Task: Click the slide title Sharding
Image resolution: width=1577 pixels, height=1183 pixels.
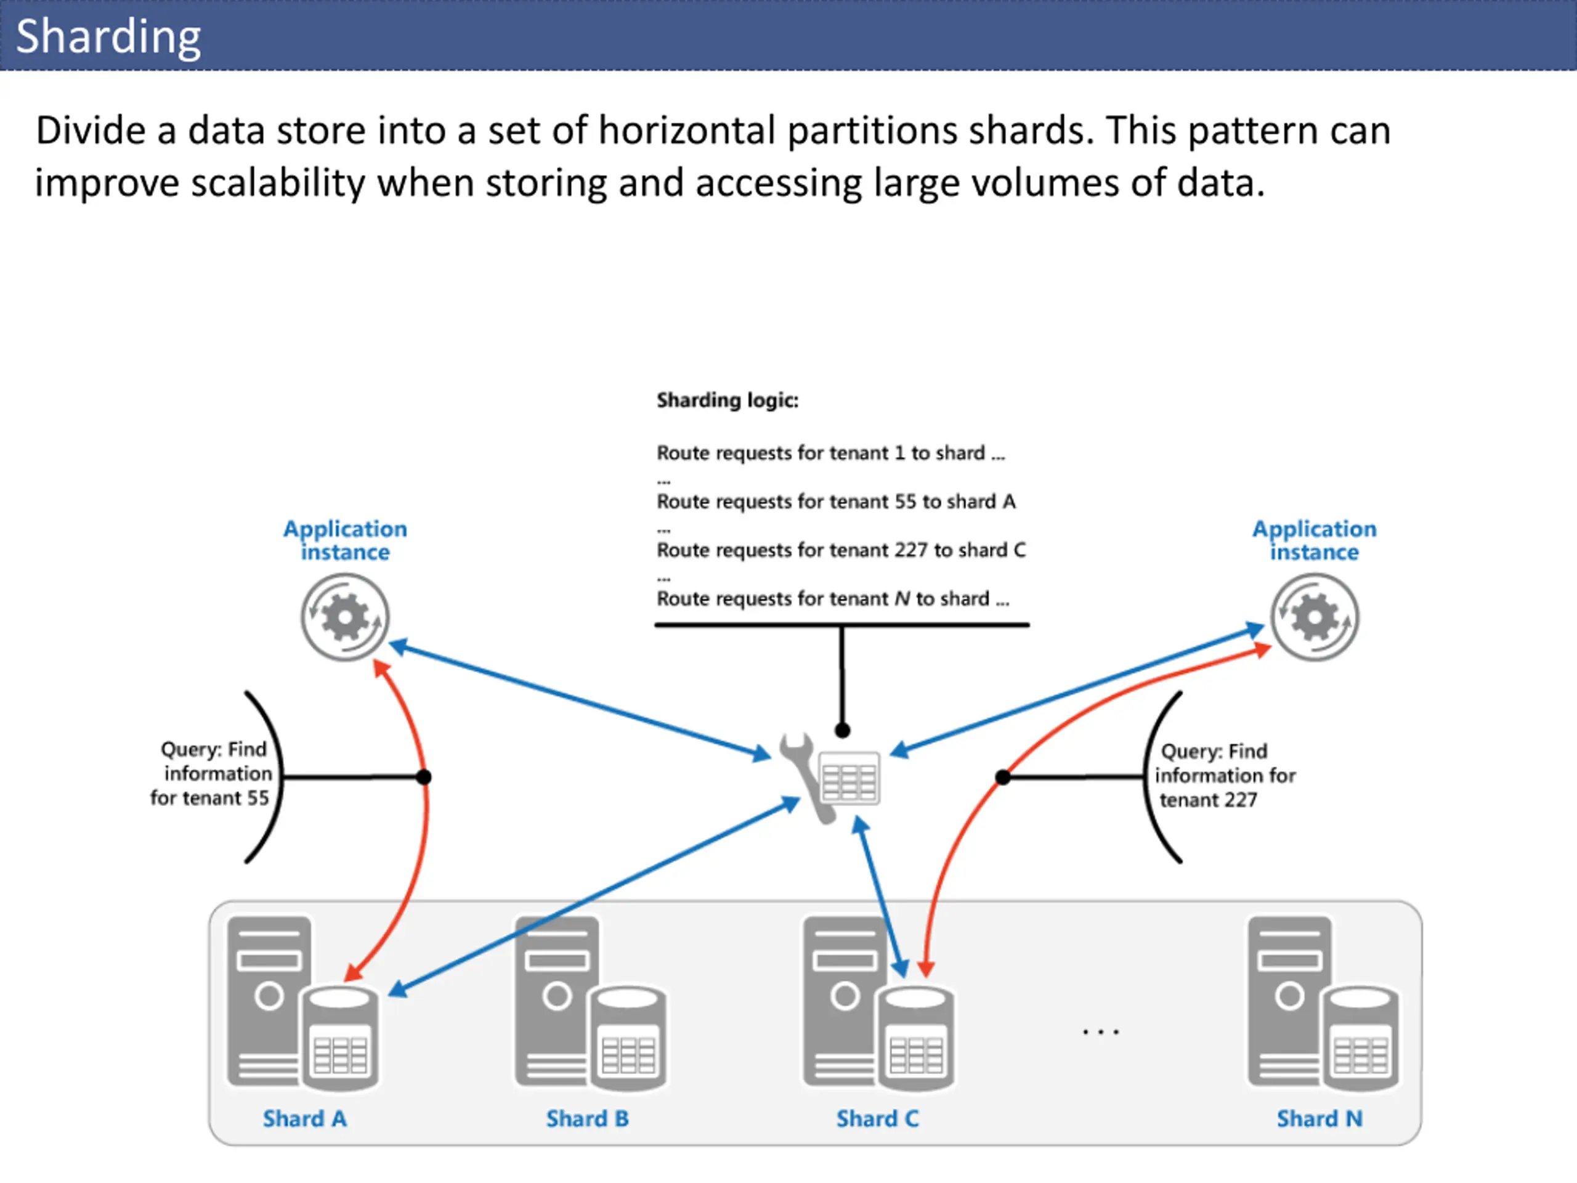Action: pos(108,37)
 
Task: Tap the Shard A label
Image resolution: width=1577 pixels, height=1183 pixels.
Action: pos(304,1118)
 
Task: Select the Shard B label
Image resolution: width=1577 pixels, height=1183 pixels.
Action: pos(588,1118)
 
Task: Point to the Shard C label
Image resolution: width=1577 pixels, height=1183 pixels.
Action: pos(878,1118)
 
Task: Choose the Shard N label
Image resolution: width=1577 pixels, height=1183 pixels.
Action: pos(1319,1118)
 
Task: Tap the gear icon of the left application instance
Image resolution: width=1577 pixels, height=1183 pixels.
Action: pos(345,617)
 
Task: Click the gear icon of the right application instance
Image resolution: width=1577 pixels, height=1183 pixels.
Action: pos(1315,617)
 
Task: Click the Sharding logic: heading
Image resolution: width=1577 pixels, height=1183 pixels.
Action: pos(727,400)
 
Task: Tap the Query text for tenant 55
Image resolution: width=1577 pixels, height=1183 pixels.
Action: pos(211,773)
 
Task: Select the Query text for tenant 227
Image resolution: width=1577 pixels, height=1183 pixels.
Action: pos(1225,775)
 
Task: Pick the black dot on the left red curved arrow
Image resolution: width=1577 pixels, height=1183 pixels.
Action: pos(423,776)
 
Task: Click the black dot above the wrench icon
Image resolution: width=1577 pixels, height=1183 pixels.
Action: pos(843,730)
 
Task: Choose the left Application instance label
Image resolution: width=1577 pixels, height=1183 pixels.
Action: pos(345,540)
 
